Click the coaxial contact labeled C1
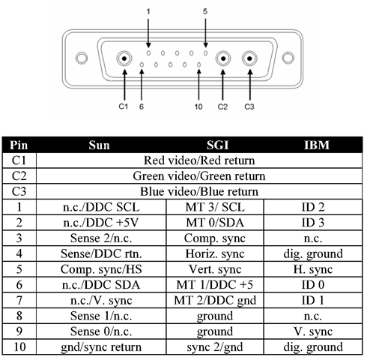(124, 58)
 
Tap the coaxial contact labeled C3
(249, 58)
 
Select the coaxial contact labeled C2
(223, 58)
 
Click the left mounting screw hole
(82, 58)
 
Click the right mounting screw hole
(288, 58)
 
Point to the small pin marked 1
(148, 53)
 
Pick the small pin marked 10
(198, 64)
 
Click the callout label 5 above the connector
(205, 11)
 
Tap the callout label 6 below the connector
(142, 106)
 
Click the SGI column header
(217, 145)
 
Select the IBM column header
(317, 145)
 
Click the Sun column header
(99, 145)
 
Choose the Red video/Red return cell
(199, 160)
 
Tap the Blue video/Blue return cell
(199, 191)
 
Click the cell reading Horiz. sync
(215, 253)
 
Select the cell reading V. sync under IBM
(313, 331)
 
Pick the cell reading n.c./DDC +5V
(101, 223)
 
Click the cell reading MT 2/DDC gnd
(215, 300)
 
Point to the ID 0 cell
(313, 285)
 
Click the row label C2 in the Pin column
(19, 176)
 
